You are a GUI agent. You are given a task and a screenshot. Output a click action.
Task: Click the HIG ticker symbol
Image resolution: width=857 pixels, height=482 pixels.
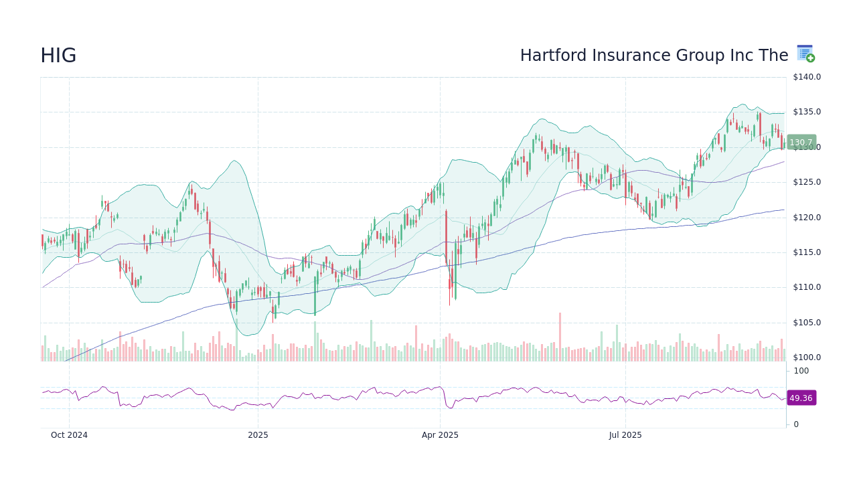click(x=58, y=56)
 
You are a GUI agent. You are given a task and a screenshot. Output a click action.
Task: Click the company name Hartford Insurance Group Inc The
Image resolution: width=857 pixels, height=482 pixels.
click(x=653, y=56)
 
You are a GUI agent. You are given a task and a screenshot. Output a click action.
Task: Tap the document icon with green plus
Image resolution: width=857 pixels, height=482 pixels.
click(x=805, y=54)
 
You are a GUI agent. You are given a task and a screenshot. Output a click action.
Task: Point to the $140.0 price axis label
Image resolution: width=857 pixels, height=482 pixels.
click(x=807, y=77)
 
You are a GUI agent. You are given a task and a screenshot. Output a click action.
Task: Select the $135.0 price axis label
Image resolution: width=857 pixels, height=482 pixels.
click(x=807, y=112)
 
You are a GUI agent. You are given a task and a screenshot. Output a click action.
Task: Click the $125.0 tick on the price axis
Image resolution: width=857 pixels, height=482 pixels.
click(x=807, y=182)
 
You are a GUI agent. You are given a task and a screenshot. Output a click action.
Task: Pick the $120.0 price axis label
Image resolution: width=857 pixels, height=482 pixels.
click(x=807, y=218)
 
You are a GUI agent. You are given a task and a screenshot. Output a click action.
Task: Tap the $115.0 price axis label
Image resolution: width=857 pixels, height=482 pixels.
click(x=807, y=252)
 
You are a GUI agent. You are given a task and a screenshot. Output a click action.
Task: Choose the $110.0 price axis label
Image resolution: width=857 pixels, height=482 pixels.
click(x=807, y=287)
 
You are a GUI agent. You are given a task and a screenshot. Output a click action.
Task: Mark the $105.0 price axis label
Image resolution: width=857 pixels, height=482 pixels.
click(x=807, y=323)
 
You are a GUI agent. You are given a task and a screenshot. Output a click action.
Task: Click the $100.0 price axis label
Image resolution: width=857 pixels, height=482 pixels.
click(x=807, y=357)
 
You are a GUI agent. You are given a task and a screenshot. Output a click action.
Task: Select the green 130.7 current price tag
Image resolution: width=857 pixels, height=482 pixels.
click(x=801, y=143)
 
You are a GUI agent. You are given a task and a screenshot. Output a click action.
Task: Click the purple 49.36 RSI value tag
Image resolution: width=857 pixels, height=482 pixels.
click(x=801, y=398)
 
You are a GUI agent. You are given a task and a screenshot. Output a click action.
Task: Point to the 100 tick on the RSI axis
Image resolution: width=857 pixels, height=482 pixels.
click(x=801, y=371)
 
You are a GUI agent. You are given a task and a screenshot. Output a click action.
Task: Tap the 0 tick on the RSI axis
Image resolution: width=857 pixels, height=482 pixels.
click(x=796, y=424)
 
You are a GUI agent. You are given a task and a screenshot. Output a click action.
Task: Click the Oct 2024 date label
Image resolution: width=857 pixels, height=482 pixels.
click(x=69, y=435)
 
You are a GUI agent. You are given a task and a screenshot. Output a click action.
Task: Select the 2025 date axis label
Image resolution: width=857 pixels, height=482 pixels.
click(x=258, y=435)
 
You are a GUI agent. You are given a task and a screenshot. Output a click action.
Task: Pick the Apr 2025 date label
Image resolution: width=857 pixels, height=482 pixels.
click(x=440, y=435)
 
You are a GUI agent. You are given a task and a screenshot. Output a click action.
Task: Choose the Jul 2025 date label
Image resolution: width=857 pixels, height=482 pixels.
click(x=625, y=435)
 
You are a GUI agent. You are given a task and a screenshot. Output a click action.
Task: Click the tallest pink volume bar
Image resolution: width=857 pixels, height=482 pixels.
click(x=560, y=337)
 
